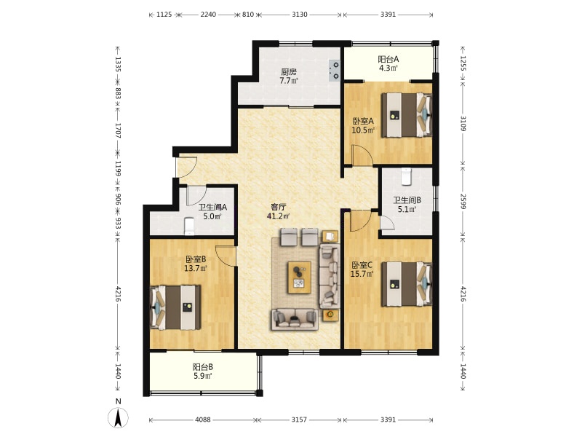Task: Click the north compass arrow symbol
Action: pos(118,417)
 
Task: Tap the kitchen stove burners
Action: pos(335,71)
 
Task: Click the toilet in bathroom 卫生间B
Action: pos(407,176)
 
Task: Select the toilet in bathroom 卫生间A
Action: pos(190,227)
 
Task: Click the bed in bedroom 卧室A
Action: pos(407,115)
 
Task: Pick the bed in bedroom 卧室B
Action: pos(175,307)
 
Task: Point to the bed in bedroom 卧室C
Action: pos(407,284)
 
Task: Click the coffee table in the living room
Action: pos(299,277)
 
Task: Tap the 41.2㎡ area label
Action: pos(279,216)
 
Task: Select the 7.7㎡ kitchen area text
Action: pos(288,81)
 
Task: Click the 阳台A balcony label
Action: pos(388,59)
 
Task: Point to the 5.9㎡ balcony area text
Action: pos(203,376)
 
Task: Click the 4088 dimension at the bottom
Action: pos(203,420)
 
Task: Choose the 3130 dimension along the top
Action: pos(300,15)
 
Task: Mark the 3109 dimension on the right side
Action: pos(463,123)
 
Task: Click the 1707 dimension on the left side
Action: pos(118,131)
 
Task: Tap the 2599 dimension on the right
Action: pos(463,201)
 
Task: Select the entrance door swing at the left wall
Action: pos(186,168)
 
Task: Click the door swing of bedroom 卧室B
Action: pos(226,256)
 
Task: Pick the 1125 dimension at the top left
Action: pos(164,15)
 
